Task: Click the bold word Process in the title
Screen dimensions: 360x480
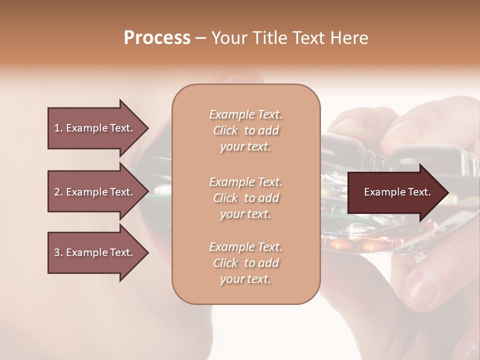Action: click(x=157, y=38)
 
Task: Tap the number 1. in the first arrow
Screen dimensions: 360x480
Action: click(x=58, y=128)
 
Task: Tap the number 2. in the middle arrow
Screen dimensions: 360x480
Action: click(x=58, y=192)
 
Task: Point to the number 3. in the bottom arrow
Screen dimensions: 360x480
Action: click(x=58, y=252)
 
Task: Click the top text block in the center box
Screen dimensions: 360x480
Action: click(x=245, y=130)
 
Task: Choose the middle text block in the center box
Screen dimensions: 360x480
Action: click(x=245, y=198)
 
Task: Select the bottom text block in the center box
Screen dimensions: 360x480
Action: click(x=245, y=263)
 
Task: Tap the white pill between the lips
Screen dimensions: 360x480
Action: click(x=162, y=190)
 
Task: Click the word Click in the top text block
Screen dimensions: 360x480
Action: click(x=225, y=130)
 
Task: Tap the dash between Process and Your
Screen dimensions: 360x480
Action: click(x=201, y=38)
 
